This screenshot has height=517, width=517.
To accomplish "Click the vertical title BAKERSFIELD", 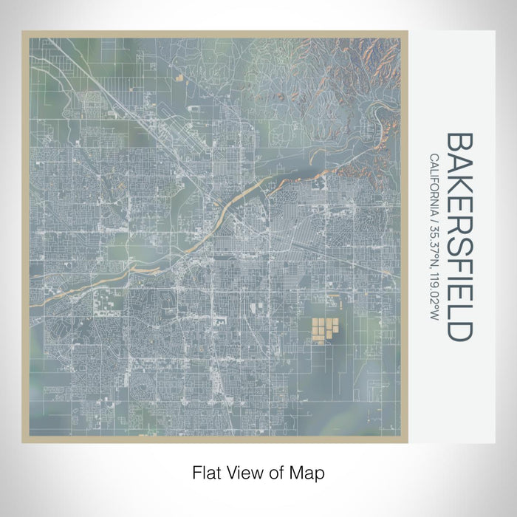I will click(458, 236).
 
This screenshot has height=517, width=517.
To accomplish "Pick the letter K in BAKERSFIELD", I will click(458, 180).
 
